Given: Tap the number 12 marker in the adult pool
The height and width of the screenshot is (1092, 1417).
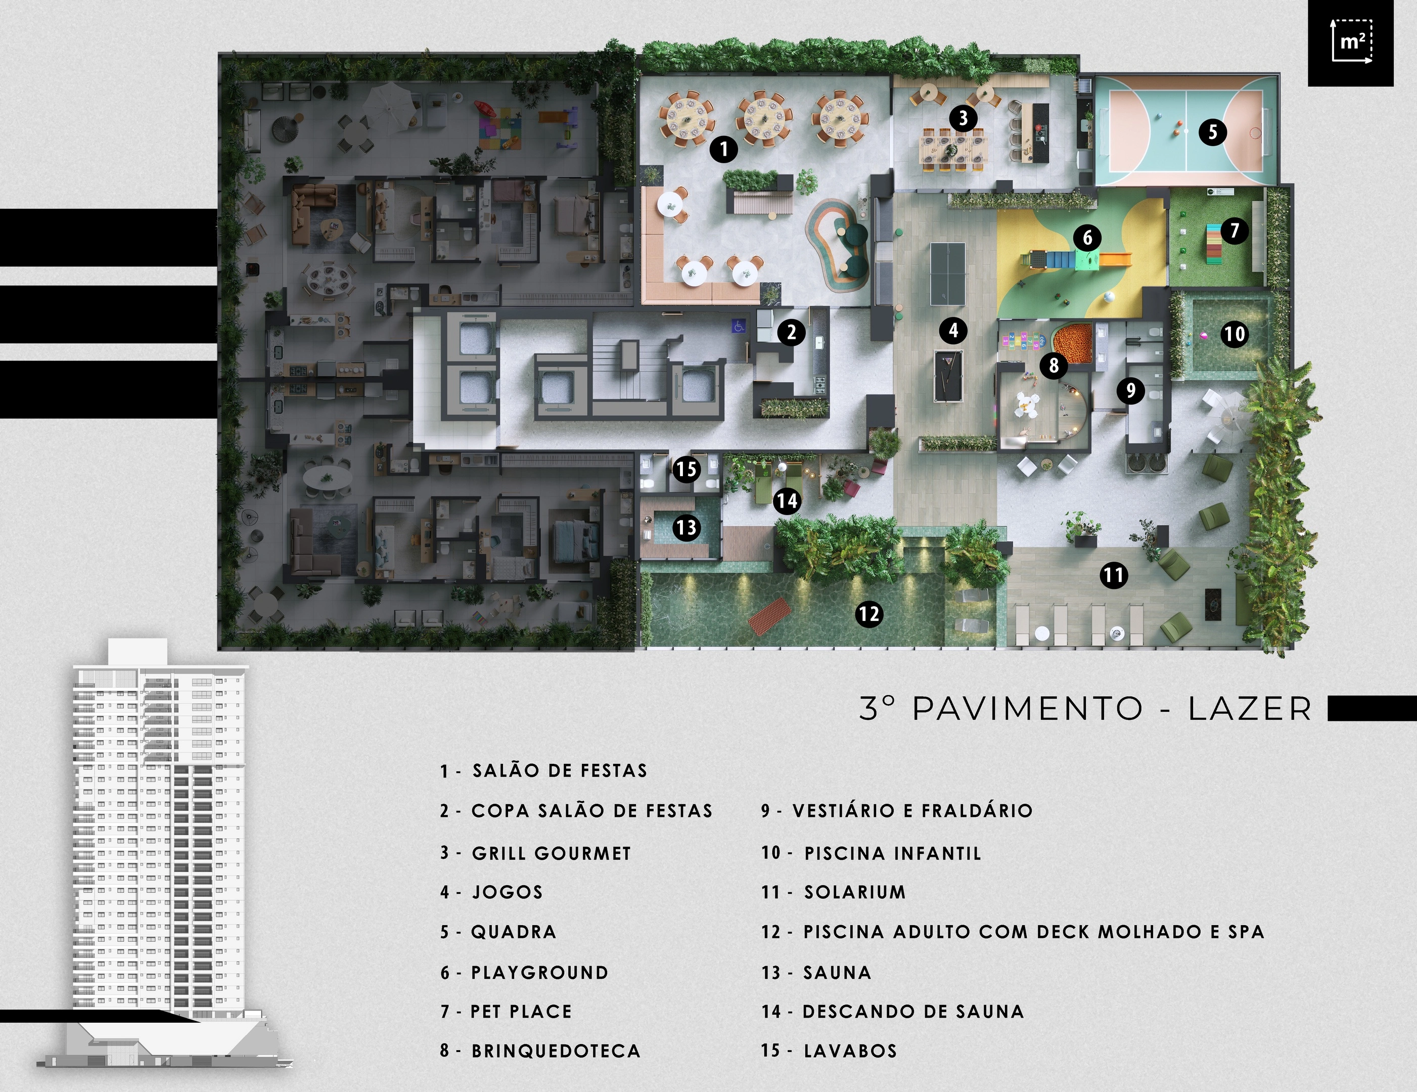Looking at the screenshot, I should (869, 613).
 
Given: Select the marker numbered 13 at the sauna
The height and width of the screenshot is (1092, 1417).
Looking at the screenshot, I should (687, 527).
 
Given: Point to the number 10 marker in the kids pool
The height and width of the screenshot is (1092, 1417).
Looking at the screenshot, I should (1234, 334).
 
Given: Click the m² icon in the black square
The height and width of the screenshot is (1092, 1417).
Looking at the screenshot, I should (1351, 43).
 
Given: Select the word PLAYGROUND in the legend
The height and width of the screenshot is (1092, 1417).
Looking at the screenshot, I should (540, 973).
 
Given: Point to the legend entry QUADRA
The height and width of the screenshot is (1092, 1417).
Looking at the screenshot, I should (513, 932).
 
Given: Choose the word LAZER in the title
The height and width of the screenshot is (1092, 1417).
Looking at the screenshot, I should (1250, 708).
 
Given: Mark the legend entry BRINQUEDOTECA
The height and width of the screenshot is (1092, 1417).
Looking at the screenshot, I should (556, 1051).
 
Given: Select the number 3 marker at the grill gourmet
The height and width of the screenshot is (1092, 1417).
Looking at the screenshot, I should (963, 118).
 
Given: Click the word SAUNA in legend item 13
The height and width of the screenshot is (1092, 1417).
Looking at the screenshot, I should (837, 973).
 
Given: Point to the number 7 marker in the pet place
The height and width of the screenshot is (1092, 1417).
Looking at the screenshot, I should (1234, 231).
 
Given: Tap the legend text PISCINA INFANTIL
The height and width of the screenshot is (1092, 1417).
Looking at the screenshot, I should (893, 853).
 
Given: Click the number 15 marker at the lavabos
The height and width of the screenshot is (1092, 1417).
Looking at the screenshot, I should (687, 469).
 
